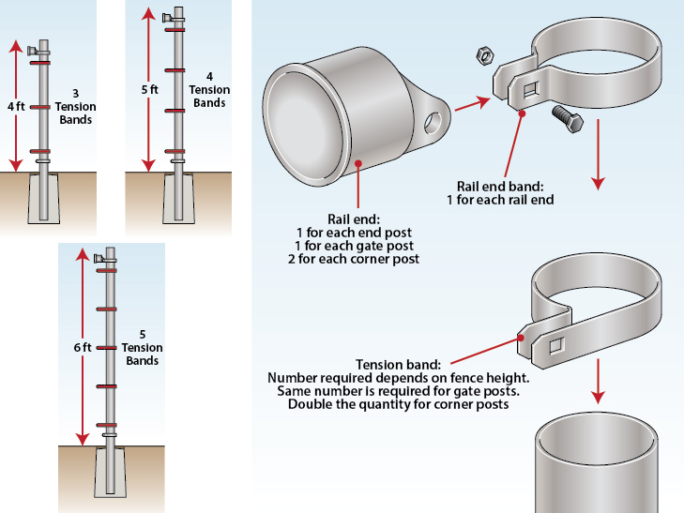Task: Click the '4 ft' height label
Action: coord(16,107)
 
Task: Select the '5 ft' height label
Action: coord(148,90)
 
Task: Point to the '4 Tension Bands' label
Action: coord(208,89)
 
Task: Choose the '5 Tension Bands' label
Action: coord(142,347)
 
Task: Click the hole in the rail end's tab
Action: coord(433,122)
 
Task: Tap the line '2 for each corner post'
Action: coord(357,258)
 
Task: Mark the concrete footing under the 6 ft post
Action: coord(109,475)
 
